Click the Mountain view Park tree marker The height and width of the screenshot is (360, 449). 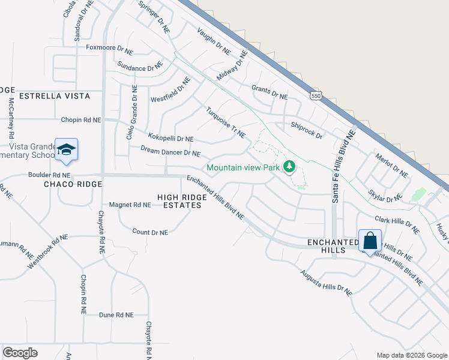(x=289, y=166)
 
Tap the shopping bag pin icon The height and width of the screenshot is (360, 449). (x=370, y=241)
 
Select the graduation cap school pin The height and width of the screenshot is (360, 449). (x=66, y=150)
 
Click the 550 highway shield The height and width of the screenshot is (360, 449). (x=316, y=95)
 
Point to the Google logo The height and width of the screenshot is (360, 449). (x=20, y=353)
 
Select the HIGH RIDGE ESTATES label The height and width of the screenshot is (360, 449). (x=179, y=201)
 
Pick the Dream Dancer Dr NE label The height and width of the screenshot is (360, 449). (x=170, y=151)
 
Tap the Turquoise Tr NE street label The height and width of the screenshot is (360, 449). (x=226, y=122)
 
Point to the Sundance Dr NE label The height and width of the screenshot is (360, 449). (x=140, y=65)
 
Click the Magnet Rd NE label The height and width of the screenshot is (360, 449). (x=129, y=205)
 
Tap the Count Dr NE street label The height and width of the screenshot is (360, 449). (x=149, y=232)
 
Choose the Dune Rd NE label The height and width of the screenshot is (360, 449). (x=115, y=314)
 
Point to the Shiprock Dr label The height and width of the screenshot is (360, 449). (x=306, y=130)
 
